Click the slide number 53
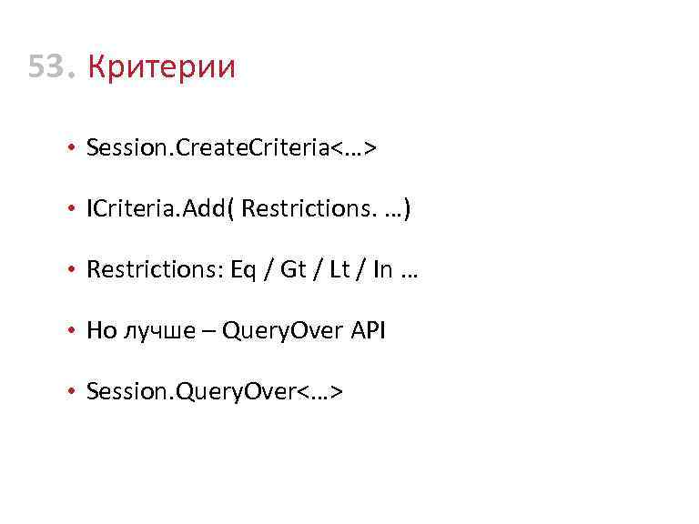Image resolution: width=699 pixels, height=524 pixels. coord(50,66)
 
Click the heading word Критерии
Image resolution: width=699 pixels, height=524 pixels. coord(161,66)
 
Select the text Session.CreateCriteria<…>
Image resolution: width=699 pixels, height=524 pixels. coord(231,147)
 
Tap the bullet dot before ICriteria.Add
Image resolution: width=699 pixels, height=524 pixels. coord(71,210)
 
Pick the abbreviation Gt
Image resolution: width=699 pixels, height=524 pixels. coord(294,270)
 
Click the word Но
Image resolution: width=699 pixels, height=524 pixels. coord(101,331)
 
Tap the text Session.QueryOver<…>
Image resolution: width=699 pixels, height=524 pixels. coord(214,392)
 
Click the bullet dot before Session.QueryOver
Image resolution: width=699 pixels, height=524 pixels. coord(71,393)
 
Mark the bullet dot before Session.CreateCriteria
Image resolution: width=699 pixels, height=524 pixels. coord(71,148)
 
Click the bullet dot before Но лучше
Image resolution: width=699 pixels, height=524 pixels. coord(71,332)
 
